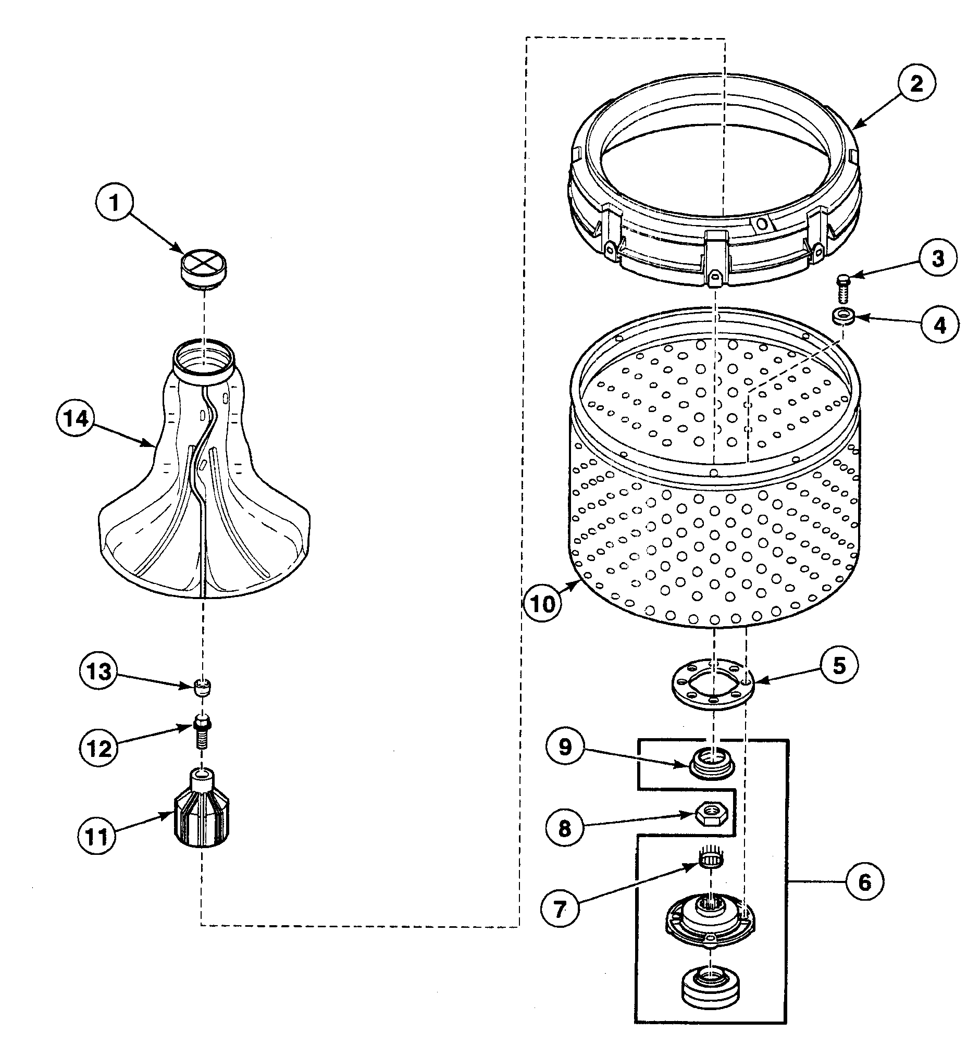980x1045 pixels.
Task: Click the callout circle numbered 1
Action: [115, 203]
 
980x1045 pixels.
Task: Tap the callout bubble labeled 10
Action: [543, 603]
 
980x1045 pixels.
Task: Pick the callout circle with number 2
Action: [916, 83]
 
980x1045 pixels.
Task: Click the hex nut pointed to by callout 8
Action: [711, 814]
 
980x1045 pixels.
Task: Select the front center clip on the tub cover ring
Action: [715, 258]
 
